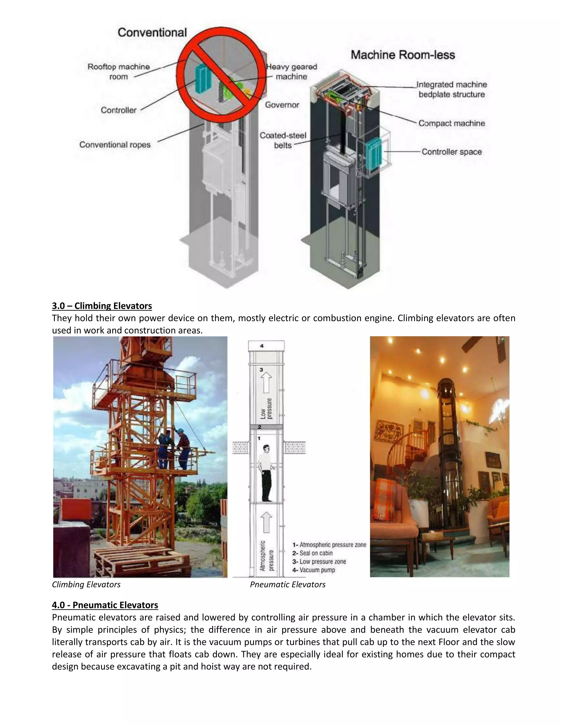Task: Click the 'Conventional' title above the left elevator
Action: (152, 33)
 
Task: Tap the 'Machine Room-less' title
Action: (402, 55)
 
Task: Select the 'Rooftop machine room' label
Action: (119, 72)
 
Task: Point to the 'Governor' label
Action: (282, 105)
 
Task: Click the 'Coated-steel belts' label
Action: (283, 140)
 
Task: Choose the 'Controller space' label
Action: (451, 152)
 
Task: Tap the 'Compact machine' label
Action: (451, 123)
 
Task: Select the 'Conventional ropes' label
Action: (115, 145)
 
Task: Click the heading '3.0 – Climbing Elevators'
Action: (102, 306)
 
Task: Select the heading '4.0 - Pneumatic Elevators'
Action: (105, 605)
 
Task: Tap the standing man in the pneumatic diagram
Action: (265, 473)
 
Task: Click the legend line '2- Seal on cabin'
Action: (312, 553)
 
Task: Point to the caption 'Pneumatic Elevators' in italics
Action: (287, 585)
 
